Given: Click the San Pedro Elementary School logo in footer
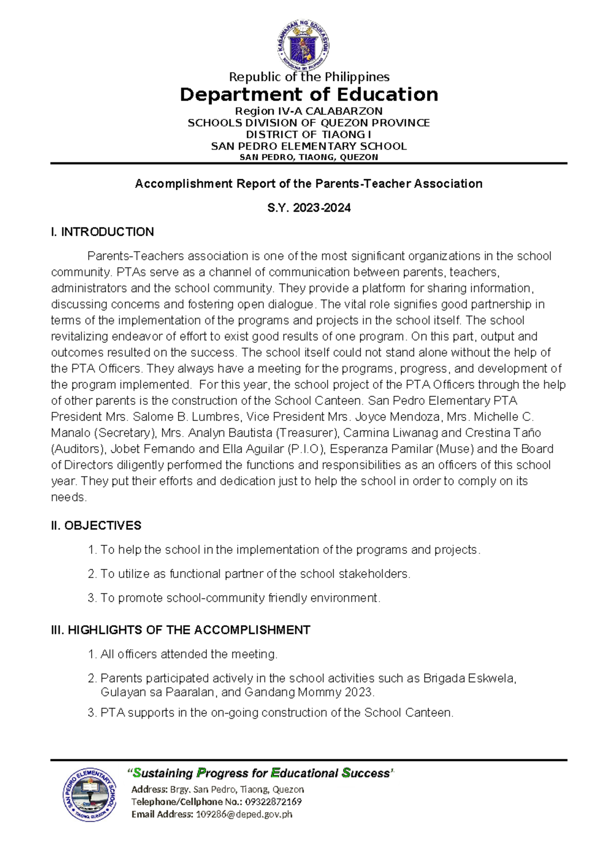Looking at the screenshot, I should (x=90, y=795).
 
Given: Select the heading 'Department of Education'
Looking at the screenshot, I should (x=309, y=95).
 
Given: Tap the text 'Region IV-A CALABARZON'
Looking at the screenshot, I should (x=309, y=111).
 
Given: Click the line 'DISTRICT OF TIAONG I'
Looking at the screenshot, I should (x=309, y=134).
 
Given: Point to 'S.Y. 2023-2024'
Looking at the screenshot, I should (x=309, y=207).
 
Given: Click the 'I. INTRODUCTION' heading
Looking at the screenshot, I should (x=102, y=232).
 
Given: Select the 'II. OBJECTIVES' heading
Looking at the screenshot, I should (x=96, y=525).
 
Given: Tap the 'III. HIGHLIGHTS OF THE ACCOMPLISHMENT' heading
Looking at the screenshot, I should (x=180, y=630).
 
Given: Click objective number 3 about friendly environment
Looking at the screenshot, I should (x=240, y=598).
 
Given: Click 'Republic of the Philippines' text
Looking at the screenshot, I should (x=309, y=77).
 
